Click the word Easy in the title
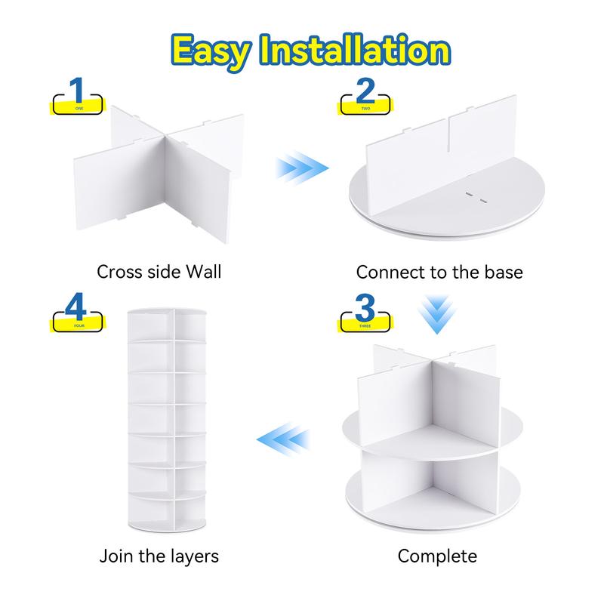(x=211, y=52)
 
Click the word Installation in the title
(x=355, y=49)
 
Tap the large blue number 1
(x=77, y=90)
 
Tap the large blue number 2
(x=365, y=91)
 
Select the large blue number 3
(x=365, y=307)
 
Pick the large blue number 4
(x=76, y=307)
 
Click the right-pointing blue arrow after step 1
(x=302, y=168)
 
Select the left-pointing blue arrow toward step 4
(x=283, y=439)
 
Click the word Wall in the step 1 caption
(x=204, y=272)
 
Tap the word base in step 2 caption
(x=504, y=273)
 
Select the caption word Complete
(x=437, y=556)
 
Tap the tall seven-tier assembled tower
(x=167, y=420)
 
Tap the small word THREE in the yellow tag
(x=365, y=326)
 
